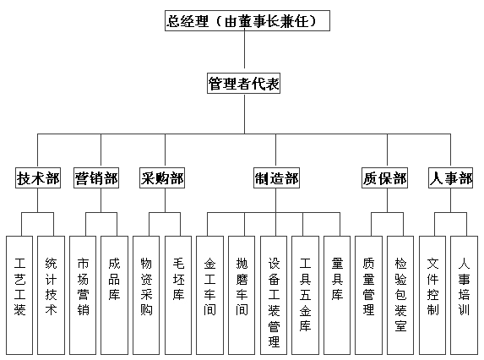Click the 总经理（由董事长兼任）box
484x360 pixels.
click(x=247, y=20)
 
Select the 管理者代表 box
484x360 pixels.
click(x=243, y=84)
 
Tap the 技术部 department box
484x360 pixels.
click(x=38, y=178)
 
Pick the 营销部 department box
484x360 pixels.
click(x=96, y=178)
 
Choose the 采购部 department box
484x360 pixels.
click(x=162, y=178)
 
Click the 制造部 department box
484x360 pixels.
click(x=276, y=178)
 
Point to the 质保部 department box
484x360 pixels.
click(x=384, y=178)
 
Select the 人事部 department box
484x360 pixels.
click(x=451, y=178)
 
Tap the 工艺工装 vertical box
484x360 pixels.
click(x=19, y=296)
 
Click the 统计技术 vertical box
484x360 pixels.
click(x=51, y=296)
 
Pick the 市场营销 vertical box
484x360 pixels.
click(x=83, y=296)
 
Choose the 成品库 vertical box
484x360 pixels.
click(x=114, y=296)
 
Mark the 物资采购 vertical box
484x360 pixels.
click(x=146, y=296)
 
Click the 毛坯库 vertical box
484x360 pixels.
click(x=178, y=296)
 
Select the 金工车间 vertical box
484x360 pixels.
click(x=209, y=296)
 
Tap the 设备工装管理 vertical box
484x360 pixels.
click(x=274, y=296)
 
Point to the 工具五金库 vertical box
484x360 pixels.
click(x=305, y=296)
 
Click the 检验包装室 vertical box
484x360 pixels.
click(x=400, y=296)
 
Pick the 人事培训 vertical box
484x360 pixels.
click(x=464, y=296)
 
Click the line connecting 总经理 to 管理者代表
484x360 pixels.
click(x=245, y=49)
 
